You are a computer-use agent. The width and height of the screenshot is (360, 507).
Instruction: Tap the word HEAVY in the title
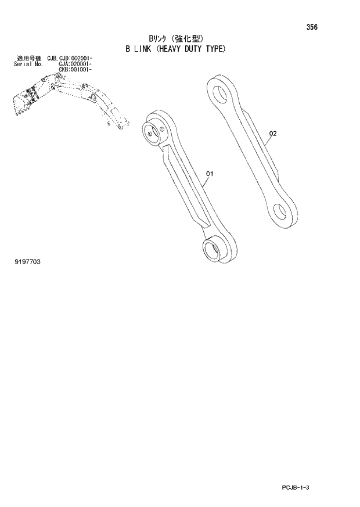pos(171,49)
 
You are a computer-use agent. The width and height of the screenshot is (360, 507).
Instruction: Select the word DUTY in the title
pos(197,49)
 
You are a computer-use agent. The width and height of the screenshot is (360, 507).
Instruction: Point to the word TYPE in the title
pos(220,49)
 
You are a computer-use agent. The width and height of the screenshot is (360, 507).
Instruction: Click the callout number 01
pos(210,173)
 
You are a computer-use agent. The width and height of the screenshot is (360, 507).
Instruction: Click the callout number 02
pos(273,134)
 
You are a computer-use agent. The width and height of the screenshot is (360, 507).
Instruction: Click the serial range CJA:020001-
pos(74,64)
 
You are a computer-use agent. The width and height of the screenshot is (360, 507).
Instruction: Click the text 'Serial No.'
pos(26,64)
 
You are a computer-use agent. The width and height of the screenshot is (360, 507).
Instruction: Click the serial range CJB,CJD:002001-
pos(71,58)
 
